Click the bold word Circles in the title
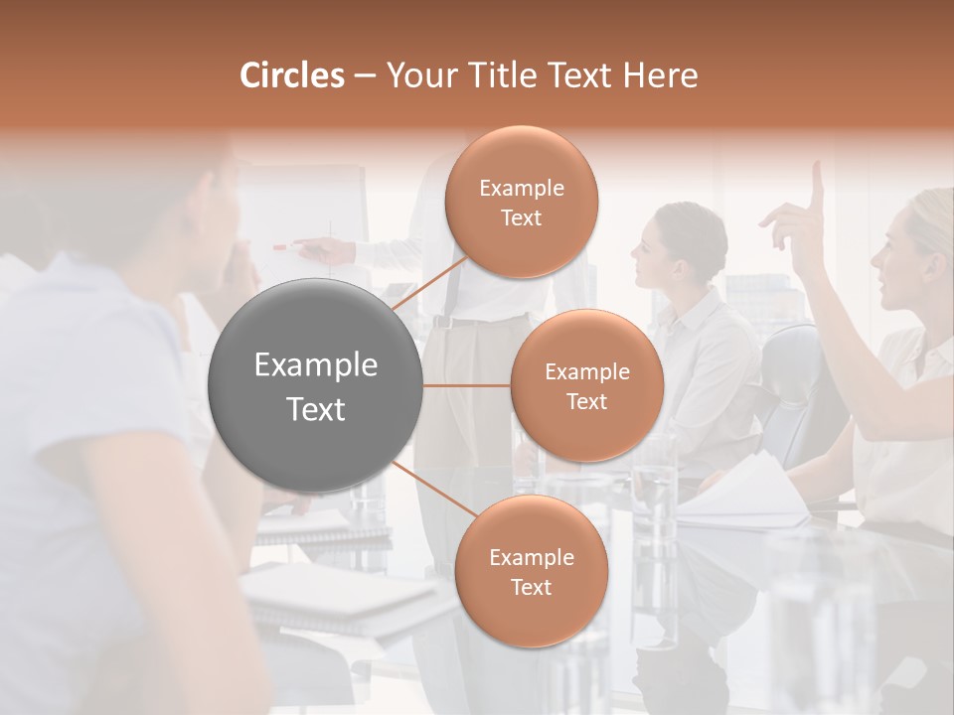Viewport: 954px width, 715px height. point(291,75)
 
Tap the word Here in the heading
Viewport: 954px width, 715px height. point(661,75)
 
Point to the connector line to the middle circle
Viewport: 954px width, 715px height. point(467,385)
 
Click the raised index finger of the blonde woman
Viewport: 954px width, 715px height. point(817,184)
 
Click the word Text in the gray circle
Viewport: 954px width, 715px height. point(315,409)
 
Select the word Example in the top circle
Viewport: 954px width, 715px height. point(521,188)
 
